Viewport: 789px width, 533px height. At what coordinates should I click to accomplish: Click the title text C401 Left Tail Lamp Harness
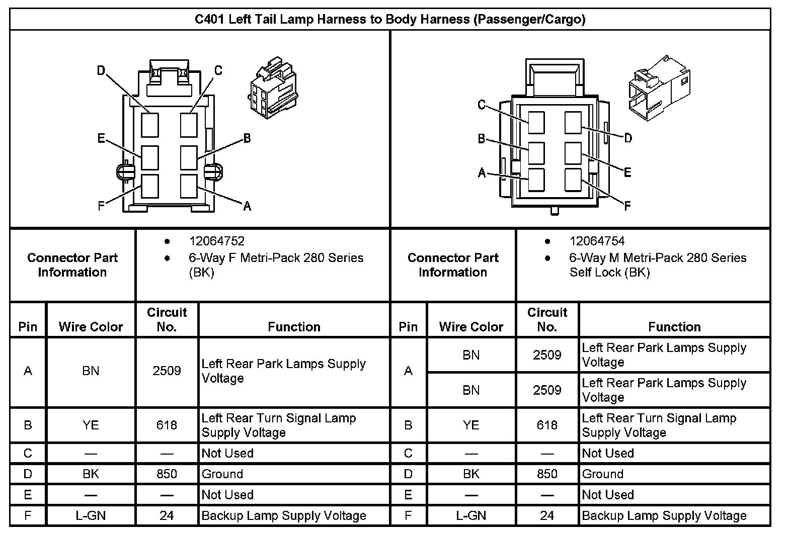[x=390, y=20]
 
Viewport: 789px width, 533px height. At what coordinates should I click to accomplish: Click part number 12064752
[x=217, y=241]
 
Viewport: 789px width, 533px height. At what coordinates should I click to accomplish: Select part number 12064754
[x=597, y=241]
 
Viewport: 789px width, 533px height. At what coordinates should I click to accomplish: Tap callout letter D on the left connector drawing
[x=101, y=71]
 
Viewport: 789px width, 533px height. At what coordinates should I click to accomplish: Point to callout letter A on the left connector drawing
[x=247, y=206]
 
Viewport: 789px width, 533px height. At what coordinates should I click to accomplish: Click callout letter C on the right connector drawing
[x=482, y=105]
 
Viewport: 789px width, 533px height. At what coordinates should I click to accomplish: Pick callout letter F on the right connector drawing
[x=627, y=206]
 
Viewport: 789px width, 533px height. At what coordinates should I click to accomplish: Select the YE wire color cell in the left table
[x=91, y=425]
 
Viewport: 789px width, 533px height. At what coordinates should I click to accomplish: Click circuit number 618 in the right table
[x=547, y=425]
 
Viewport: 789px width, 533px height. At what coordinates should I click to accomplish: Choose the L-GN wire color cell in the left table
[x=91, y=515]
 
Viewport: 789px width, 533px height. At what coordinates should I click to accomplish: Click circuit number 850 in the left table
[x=167, y=474]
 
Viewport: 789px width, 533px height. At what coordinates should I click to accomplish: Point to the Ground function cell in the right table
[x=603, y=474]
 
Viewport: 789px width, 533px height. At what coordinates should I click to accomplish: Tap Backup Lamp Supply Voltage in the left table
[x=284, y=515]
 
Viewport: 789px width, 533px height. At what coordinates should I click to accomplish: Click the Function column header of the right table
[x=674, y=327]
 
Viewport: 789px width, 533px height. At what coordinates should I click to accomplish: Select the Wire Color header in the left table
[x=91, y=327]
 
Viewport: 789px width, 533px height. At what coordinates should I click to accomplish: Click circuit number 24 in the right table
[x=547, y=515]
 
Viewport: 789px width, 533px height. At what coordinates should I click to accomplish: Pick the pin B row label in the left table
[x=28, y=425]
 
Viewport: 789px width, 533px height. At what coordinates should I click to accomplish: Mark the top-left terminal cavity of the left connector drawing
[x=150, y=125]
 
